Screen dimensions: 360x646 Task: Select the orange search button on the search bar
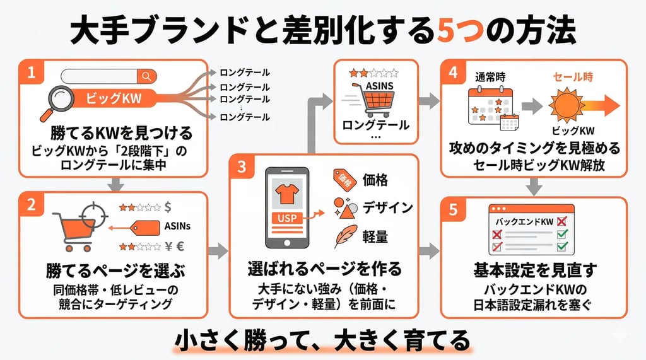tap(146, 76)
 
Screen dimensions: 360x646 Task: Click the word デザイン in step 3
tap(387, 207)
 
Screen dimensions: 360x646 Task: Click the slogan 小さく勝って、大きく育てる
tap(322, 340)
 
